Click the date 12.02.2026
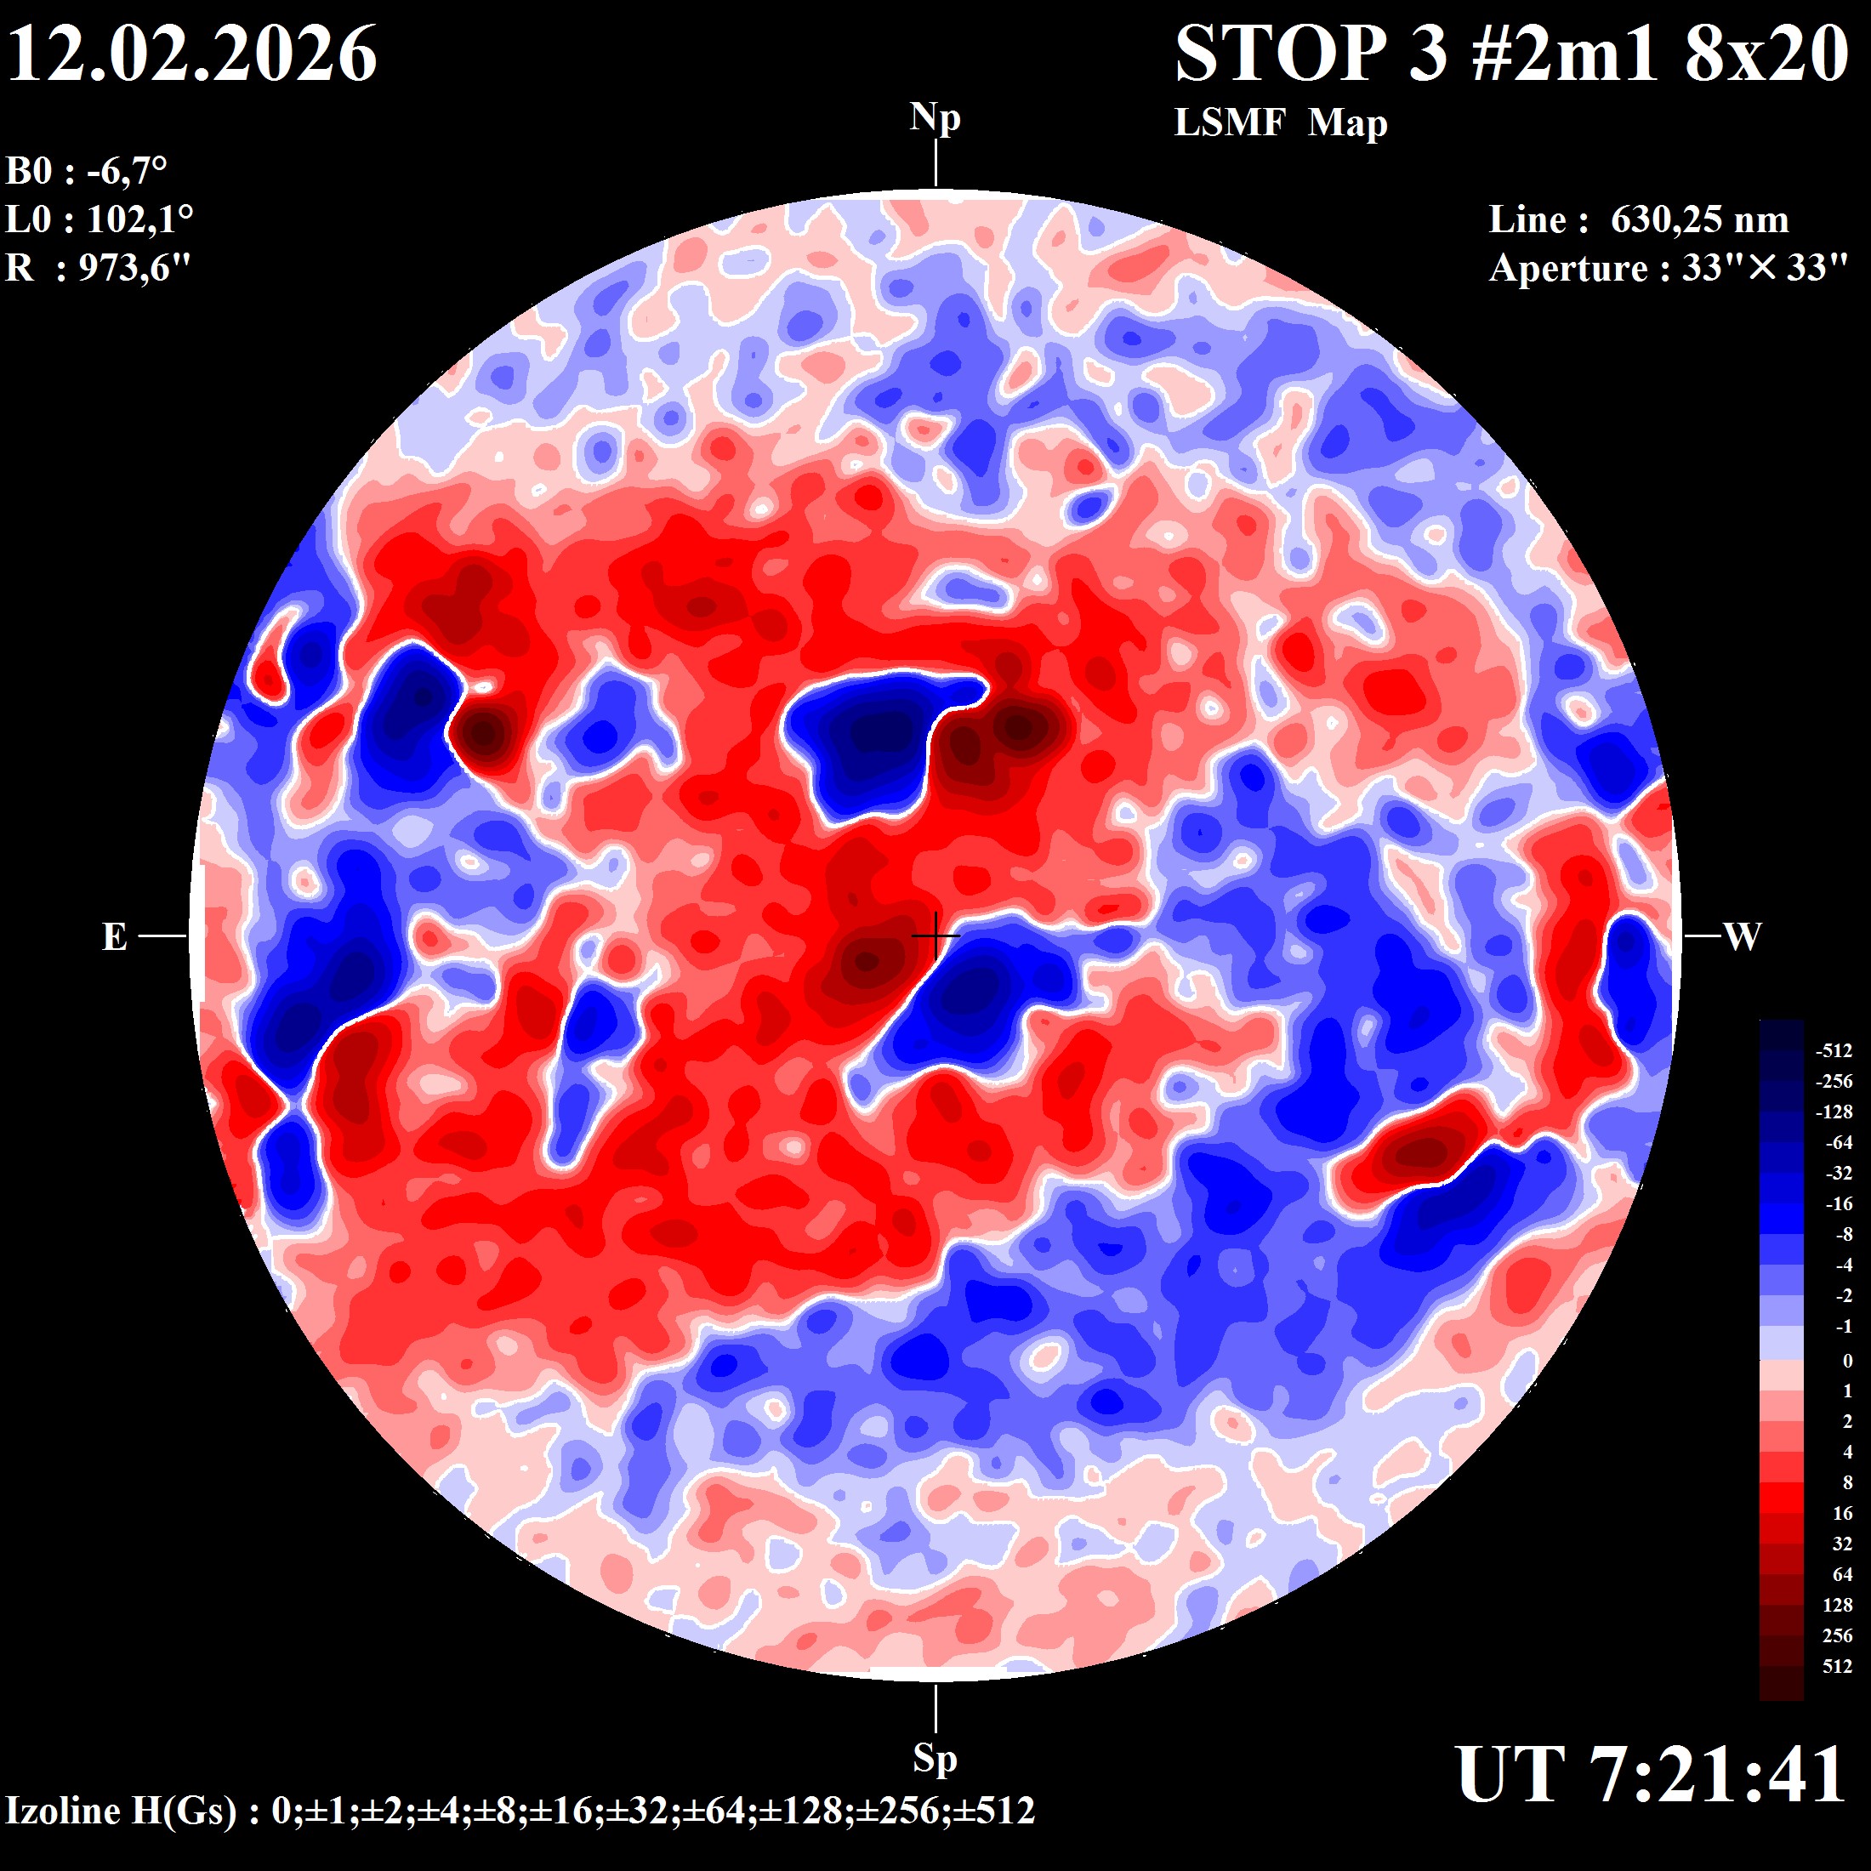click(x=191, y=54)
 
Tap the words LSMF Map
click(x=1280, y=123)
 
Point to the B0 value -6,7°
click(x=127, y=172)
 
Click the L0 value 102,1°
click(x=140, y=219)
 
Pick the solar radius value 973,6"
click(x=134, y=267)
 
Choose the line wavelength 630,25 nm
click(x=1698, y=219)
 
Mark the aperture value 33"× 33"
click(x=1765, y=268)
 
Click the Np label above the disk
click(x=935, y=117)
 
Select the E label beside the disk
click(x=114, y=936)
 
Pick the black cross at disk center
click(x=935, y=936)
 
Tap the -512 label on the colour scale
click(x=1834, y=1051)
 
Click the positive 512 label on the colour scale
click(x=1837, y=1667)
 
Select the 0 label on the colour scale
click(x=1847, y=1361)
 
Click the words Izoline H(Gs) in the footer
click(x=121, y=1810)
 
